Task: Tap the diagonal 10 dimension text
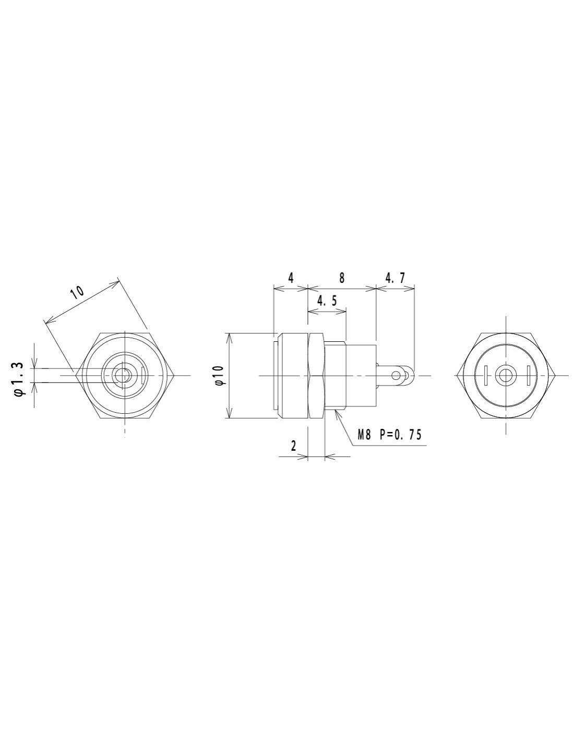click(77, 291)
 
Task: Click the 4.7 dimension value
click(394, 278)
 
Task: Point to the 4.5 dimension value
click(327, 301)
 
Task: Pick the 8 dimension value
click(342, 278)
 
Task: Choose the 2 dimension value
click(294, 446)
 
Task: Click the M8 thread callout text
click(364, 435)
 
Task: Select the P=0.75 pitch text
click(400, 435)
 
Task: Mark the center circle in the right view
click(505, 375)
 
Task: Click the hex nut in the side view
click(316, 375)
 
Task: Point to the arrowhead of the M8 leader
click(337, 412)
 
